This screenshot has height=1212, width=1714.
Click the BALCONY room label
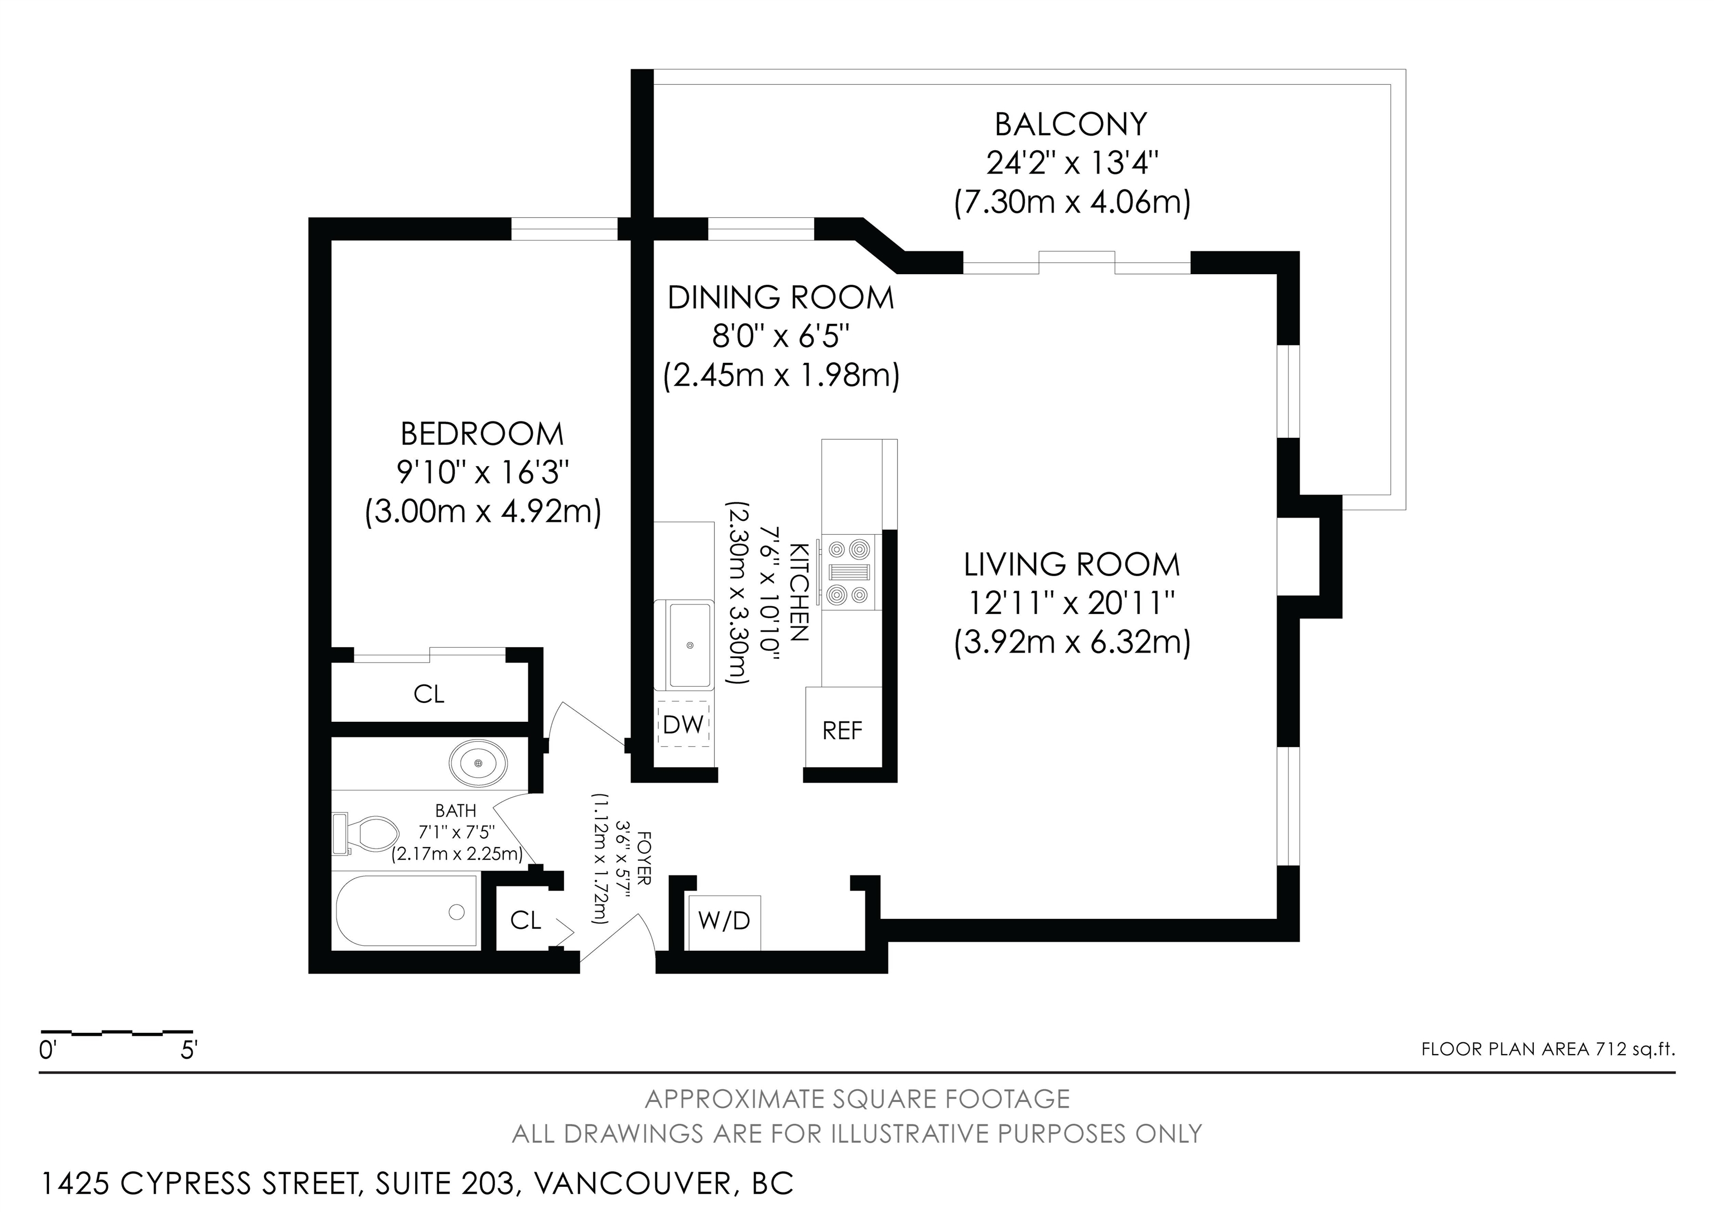coord(1071,124)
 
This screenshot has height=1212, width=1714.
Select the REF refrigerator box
coord(844,726)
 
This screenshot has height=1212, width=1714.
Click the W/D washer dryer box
coord(724,922)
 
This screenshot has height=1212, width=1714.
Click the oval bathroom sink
coord(478,763)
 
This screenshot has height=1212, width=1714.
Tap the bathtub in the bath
coord(407,911)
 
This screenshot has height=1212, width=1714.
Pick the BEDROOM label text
coord(482,434)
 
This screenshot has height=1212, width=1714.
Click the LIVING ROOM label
coord(1072,564)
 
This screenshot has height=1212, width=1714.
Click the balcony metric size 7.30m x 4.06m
coord(1072,203)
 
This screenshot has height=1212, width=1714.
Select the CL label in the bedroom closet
coord(429,694)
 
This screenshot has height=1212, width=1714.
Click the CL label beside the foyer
coord(526,920)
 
